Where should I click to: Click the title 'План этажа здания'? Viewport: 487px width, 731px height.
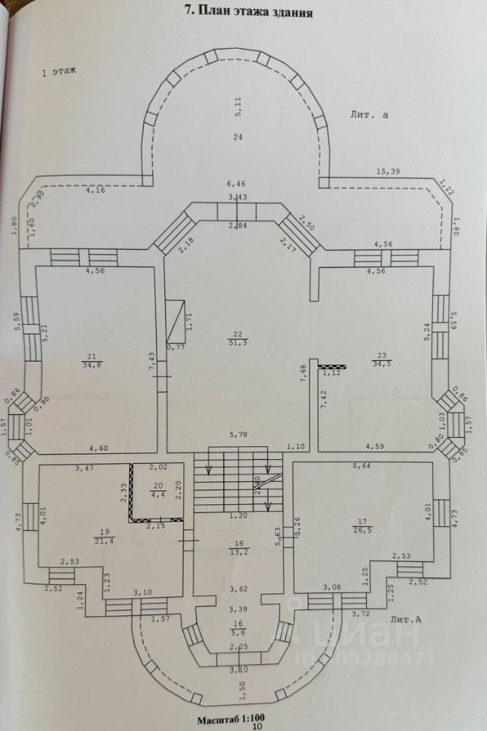tap(250, 12)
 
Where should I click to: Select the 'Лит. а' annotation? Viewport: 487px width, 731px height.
tap(369, 115)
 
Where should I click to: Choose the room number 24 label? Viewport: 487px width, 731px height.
tap(238, 137)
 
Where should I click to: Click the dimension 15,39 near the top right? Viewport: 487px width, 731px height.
tap(388, 172)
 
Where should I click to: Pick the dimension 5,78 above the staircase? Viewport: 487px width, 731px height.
tap(237, 436)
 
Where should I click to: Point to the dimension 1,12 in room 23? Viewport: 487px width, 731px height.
tap(331, 373)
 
